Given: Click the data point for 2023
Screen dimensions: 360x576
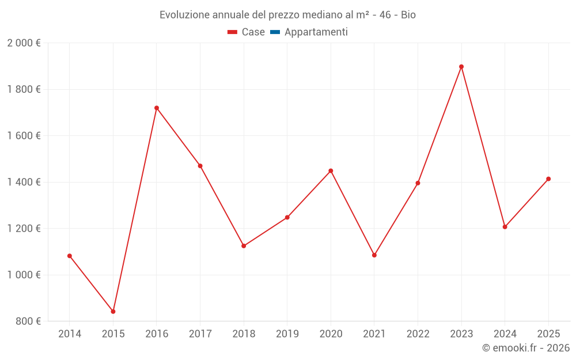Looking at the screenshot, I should (x=461, y=67).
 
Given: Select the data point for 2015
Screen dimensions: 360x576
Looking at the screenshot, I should (x=113, y=312).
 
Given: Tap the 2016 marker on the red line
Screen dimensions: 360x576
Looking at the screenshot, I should (x=157, y=108).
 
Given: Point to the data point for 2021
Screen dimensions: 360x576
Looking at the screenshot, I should (x=374, y=255).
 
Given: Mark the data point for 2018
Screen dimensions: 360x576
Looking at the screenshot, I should (x=244, y=246).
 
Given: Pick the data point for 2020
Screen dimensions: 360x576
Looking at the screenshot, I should (x=331, y=170).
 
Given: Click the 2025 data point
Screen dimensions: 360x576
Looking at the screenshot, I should (x=548, y=179).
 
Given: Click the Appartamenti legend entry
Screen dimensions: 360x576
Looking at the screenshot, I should (x=316, y=32).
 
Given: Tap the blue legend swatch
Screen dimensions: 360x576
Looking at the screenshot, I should (x=275, y=32).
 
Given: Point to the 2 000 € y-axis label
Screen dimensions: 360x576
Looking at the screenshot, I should (x=24, y=43).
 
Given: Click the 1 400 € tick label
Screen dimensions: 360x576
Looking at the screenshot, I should (x=24, y=183).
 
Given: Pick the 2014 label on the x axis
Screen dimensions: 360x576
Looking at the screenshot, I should (x=70, y=334).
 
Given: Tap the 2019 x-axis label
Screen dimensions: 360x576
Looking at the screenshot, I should (x=287, y=334).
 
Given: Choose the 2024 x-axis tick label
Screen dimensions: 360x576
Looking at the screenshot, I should (x=505, y=334).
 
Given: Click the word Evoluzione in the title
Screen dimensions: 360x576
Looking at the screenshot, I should (x=184, y=14).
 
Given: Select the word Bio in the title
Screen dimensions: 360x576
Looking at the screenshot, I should (x=408, y=14).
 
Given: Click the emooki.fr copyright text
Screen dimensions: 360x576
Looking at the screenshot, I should (x=526, y=348).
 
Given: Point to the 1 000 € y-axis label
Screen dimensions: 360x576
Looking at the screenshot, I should (x=24, y=275).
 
